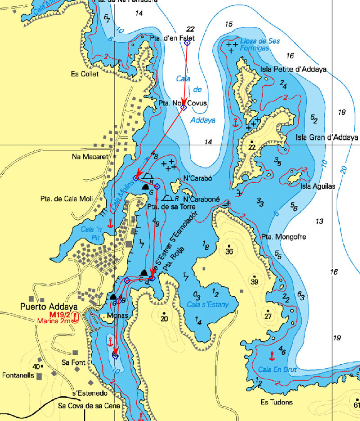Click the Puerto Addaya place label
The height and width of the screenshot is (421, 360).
(43, 307)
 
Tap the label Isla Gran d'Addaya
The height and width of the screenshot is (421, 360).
(327, 137)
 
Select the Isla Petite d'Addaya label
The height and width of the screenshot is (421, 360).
(293, 69)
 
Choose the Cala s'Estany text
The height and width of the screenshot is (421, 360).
(208, 305)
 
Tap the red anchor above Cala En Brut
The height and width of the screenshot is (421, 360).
(271, 356)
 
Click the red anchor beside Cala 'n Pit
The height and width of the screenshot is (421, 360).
(110, 222)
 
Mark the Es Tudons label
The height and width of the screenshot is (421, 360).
(276, 402)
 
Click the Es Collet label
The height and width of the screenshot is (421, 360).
(85, 74)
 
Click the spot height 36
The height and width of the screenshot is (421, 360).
(229, 251)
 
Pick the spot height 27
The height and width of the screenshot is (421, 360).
(268, 317)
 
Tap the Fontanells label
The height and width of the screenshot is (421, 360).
(19, 375)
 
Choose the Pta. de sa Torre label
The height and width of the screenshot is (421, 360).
(164, 207)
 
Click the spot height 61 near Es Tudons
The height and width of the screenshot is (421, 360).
(357, 405)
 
